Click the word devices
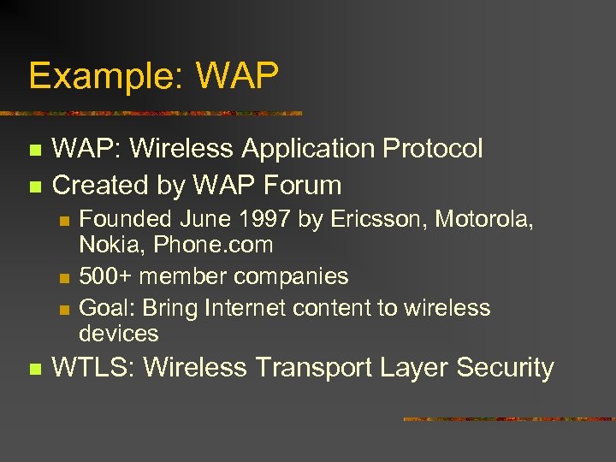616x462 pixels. click(x=119, y=333)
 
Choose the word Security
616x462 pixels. click(x=505, y=368)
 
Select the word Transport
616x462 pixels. click(x=308, y=368)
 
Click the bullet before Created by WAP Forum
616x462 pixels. click(x=34, y=186)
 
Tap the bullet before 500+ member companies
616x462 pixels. click(x=63, y=277)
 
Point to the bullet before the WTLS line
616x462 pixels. click(x=34, y=369)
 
